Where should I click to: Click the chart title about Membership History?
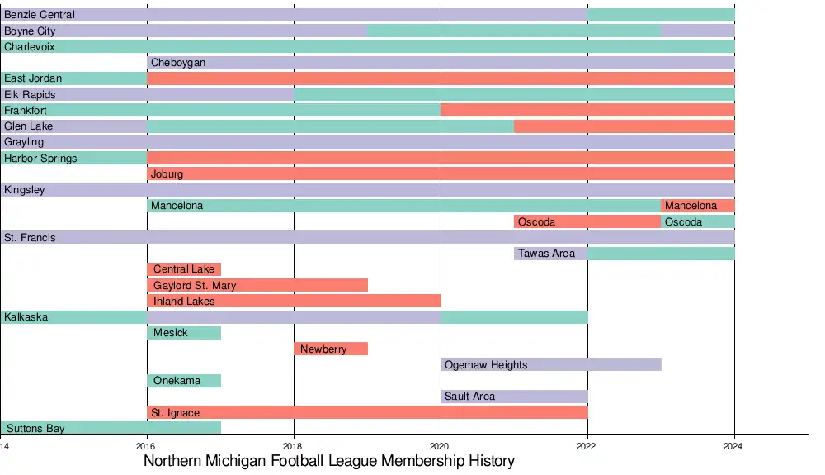[329, 461]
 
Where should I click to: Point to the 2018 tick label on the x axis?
[294, 446]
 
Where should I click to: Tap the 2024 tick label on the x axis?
[734, 446]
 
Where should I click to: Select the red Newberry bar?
[331, 349]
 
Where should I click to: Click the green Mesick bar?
[184, 333]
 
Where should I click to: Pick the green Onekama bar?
[184, 381]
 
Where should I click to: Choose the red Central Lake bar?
[184, 269]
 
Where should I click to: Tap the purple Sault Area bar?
[514, 397]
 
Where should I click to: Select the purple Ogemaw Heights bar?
[551, 364]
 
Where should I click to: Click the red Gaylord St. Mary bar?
[257, 285]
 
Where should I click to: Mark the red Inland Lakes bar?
[294, 301]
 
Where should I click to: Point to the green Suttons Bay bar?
[111, 428]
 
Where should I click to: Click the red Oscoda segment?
[587, 221]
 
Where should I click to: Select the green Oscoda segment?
[698, 221]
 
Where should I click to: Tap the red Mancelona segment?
[698, 206]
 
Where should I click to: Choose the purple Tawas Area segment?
[551, 254]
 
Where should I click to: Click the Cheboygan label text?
[178, 63]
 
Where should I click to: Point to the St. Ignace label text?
[175, 412]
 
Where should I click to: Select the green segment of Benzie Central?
[661, 15]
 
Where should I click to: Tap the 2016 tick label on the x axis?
[147, 446]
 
